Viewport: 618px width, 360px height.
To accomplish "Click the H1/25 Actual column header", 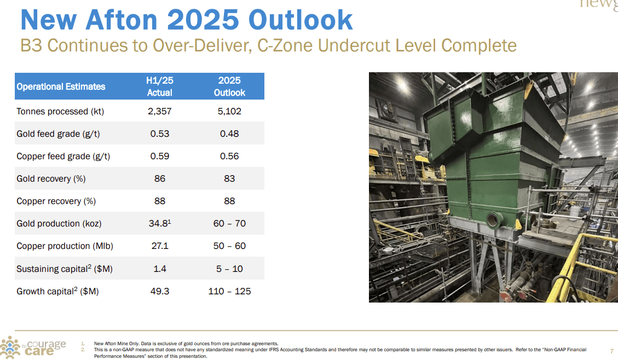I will tap(159, 86).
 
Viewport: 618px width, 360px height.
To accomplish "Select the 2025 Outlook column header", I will tap(229, 86).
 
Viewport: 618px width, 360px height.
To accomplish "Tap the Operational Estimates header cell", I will tap(61, 86).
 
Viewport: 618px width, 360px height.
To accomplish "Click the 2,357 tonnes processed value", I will tap(159, 111).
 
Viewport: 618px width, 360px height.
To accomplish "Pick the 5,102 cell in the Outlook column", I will tap(229, 111).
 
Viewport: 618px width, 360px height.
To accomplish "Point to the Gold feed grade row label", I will tap(58, 134).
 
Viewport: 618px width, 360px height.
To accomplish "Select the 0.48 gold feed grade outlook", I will tap(229, 134).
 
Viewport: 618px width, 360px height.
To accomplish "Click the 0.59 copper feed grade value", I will tap(159, 156).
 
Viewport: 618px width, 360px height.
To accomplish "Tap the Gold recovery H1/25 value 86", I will tap(159, 179).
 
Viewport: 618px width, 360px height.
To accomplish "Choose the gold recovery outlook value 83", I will tap(229, 179).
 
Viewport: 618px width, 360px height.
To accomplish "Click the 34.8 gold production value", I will tap(159, 223).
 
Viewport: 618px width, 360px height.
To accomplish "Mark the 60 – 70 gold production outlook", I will tap(229, 223).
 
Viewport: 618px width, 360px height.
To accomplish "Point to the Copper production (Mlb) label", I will tap(65, 246).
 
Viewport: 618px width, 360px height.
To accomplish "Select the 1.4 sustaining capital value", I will tap(159, 269).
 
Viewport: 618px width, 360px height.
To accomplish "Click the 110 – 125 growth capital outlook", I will tap(229, 291).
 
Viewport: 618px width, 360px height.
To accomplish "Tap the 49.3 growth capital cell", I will tap(159, 291).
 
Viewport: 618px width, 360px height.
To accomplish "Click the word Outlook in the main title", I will tap(301, 20).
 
